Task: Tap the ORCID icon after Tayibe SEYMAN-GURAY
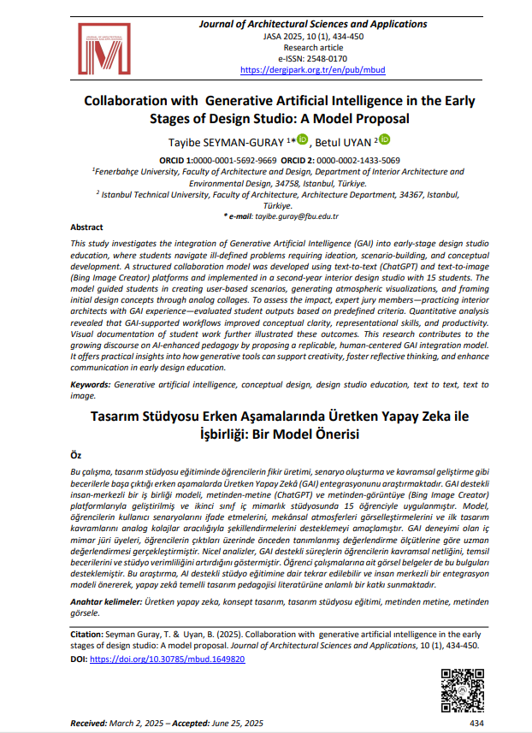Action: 302,140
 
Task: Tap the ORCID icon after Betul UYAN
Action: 384,140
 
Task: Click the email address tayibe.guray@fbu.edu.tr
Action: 298,216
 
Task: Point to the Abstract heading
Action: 87,228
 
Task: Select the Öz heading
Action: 76,455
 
